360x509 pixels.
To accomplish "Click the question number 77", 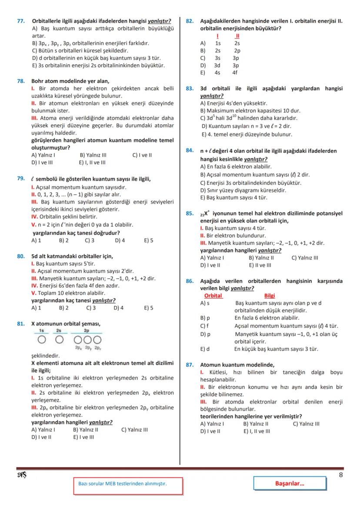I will point(20,21).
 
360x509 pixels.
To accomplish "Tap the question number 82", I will point(190,21).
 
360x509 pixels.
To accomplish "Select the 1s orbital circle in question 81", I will point(41,339).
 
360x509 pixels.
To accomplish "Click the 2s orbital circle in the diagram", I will point(59,339).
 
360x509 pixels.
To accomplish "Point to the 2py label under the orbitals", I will point(88,348).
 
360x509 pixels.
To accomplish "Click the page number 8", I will point(340,475).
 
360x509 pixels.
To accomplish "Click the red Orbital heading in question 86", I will point(213,296).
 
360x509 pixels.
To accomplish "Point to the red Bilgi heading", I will point(270,296).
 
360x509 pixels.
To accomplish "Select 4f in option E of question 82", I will point(235,73).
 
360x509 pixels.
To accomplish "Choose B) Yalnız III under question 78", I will point(93,155).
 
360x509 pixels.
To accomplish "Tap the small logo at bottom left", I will point(21,475).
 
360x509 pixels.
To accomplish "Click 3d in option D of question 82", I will point(217,65).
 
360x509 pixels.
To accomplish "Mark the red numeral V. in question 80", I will point(33,293).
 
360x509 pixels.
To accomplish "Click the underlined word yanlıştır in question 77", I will point(159,21).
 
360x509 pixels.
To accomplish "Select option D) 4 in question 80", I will point(118,308).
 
